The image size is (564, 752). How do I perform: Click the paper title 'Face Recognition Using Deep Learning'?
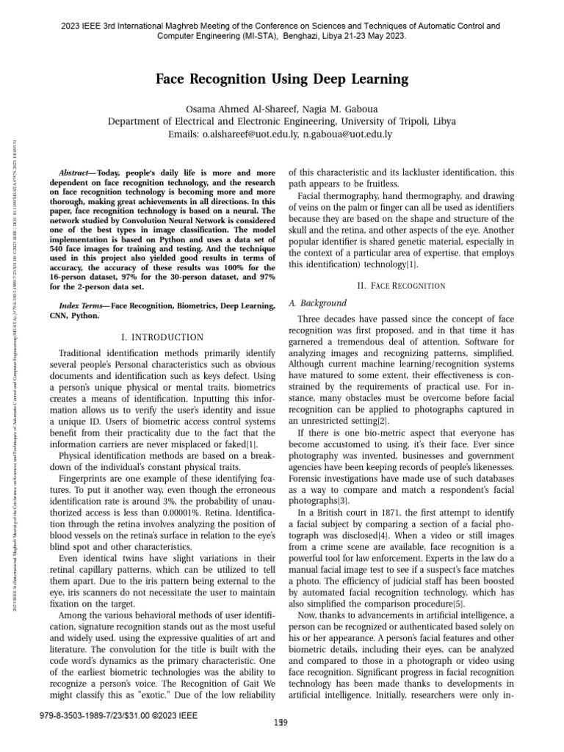[281, 79]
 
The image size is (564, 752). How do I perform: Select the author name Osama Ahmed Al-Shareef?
[244, 108]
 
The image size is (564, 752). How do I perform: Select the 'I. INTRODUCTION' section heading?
[162, 337]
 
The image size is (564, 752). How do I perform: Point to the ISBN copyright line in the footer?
[115, 713]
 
